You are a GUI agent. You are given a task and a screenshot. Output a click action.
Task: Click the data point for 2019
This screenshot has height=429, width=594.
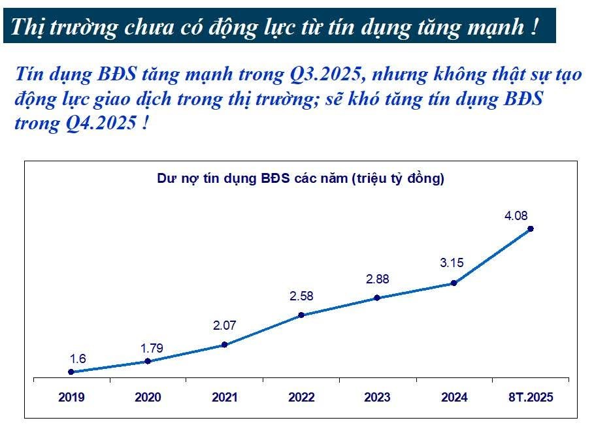pos(71,372)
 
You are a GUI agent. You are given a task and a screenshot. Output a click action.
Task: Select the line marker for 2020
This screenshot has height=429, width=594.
pos(148,361)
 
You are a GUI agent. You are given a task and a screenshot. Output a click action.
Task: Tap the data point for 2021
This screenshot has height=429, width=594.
pos(224,345)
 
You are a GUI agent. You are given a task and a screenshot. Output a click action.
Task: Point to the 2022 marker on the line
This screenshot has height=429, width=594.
pos(301,315)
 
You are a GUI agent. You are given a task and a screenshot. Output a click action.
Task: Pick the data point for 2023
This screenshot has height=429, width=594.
pos(377,298)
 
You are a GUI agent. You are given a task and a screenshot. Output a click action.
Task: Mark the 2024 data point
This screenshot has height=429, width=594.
pos(454,283)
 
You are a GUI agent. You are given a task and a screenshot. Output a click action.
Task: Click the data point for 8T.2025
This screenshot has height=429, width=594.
pos(531,229)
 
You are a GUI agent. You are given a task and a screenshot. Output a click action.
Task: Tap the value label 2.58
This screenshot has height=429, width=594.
pos(301,296)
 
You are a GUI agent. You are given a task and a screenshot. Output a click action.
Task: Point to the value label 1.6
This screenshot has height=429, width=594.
pos(78,358)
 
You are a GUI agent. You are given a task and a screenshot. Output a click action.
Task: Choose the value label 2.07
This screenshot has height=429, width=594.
pos(225,325)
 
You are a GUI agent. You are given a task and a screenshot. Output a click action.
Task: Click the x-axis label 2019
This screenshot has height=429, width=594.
pos(71,397)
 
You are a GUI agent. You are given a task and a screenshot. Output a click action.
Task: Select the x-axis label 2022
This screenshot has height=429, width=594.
pos(301,397)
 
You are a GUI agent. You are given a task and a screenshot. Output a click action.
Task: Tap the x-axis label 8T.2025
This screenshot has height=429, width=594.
pos(531,397)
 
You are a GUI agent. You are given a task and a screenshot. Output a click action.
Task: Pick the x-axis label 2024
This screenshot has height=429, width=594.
pos(454,397)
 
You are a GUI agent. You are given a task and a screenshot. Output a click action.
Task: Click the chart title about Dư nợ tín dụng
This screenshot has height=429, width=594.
pos(301,178)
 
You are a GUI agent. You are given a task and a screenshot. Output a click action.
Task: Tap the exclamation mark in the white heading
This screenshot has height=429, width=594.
pos(535,27)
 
